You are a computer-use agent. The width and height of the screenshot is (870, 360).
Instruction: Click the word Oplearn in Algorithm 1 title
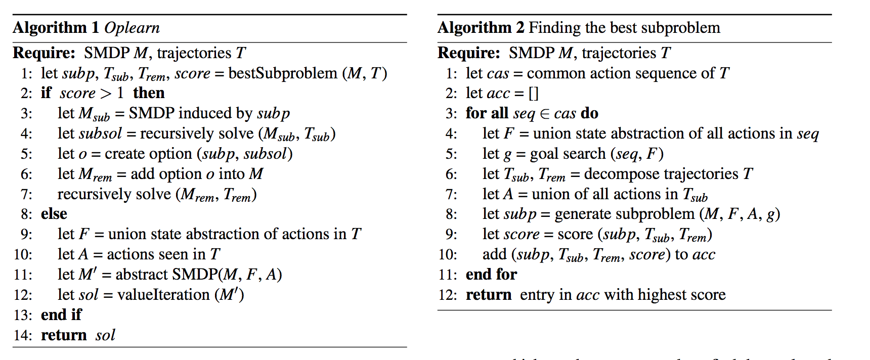[132, 28]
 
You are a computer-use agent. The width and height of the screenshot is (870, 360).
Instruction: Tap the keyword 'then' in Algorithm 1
[149, 93]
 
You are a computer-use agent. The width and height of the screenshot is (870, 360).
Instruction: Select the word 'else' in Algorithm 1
[54, 214]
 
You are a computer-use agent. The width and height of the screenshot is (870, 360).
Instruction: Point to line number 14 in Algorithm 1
[23, 335]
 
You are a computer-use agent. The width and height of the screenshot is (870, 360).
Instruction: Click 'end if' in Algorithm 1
[61, 315]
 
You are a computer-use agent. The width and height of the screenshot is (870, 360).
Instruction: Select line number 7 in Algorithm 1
[26, 194]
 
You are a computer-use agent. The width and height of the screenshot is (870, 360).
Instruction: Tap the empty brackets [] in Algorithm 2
[534, 94]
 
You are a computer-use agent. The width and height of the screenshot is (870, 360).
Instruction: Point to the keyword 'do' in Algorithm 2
[590, 113]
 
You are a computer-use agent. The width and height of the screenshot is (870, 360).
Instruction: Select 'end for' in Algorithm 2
[491, 275]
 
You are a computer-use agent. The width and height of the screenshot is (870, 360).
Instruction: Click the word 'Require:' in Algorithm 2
[468, 53]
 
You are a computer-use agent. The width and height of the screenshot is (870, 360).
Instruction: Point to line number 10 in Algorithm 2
[448, 254]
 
